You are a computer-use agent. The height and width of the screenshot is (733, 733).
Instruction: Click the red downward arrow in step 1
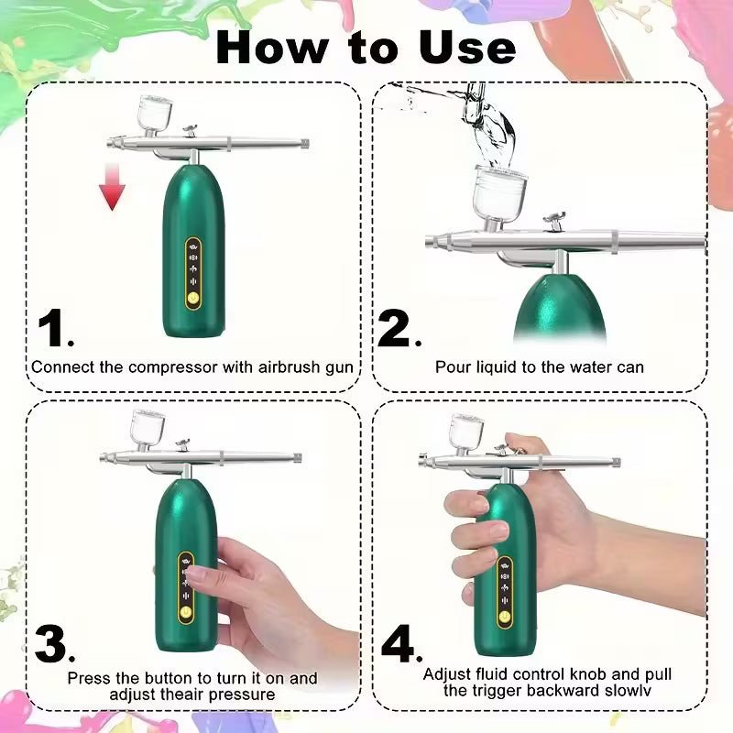pyautogui.click(x=112, y=186)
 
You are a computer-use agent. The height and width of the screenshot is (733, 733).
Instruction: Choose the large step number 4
pyautogui.click(x=399, y=645)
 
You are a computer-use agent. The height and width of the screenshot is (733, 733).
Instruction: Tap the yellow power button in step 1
pyautogui.click(x=193, y=298)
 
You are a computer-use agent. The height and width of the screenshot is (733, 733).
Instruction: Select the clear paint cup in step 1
pyautogui.click(x=148, y=114)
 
